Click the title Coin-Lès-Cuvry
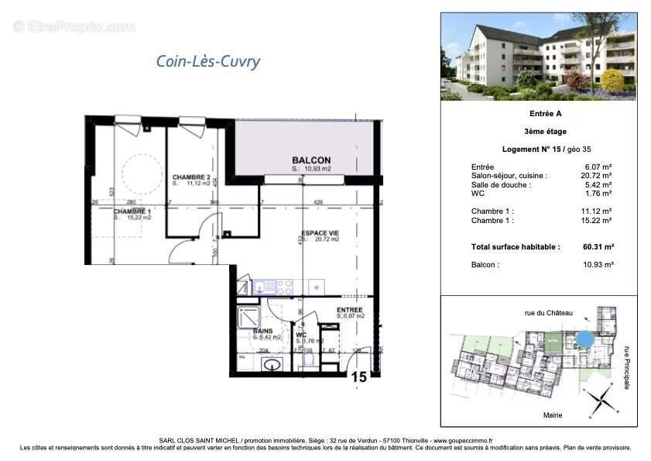[x=207, y=62]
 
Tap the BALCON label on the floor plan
[x=311, y=160]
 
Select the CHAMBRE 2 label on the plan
[x=192, y=177]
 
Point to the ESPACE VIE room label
[x=320, y=232]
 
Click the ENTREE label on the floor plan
[x=350, y=310]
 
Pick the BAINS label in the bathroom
[x=262, y=331]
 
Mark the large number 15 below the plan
[x=358, y=377]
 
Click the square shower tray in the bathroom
[x=251, y=316]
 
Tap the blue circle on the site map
[x=586, y=339]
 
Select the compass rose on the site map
[x=598, y=401]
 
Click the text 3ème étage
[x=539, y=132]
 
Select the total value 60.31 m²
[x=597, y=246]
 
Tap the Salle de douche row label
[x=501, y=185]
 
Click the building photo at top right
[x=539, y=57]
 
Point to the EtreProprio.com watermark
[x=74, y=27]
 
